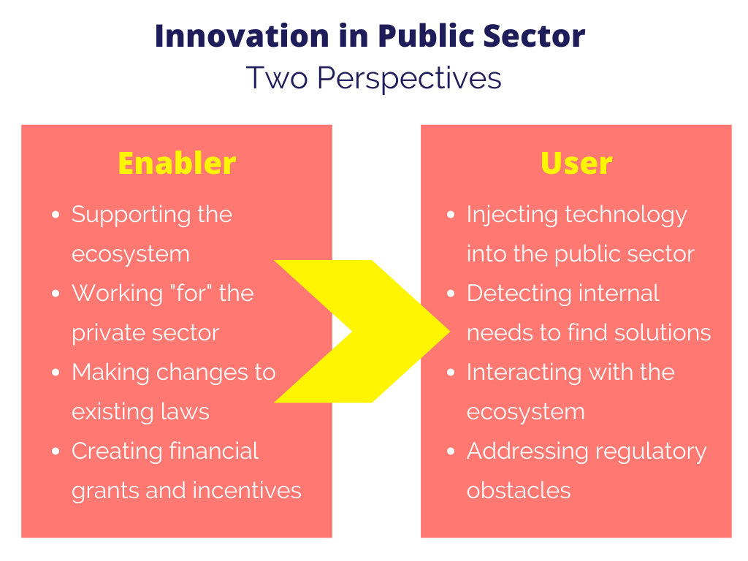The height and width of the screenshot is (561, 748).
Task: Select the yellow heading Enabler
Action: tap(177, 163)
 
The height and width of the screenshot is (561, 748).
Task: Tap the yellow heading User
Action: tap(576, 163)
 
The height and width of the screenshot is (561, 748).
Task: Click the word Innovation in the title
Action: tap(243, 36)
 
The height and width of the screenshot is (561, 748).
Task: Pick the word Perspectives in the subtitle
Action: tap(409, 78)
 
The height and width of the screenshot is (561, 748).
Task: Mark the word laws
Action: tap(185, 411)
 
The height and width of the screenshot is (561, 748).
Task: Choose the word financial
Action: tap(214, 451)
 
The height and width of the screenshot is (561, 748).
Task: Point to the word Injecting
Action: tap(512, 215)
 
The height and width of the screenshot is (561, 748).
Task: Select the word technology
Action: tap(626, 215)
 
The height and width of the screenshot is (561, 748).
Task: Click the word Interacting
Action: tap(523, 373)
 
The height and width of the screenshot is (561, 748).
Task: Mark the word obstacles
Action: tap(519, 490)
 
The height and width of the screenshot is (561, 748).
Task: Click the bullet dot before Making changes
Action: tap(56, 372)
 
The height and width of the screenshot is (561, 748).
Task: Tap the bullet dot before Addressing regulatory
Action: tap(451, 451)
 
